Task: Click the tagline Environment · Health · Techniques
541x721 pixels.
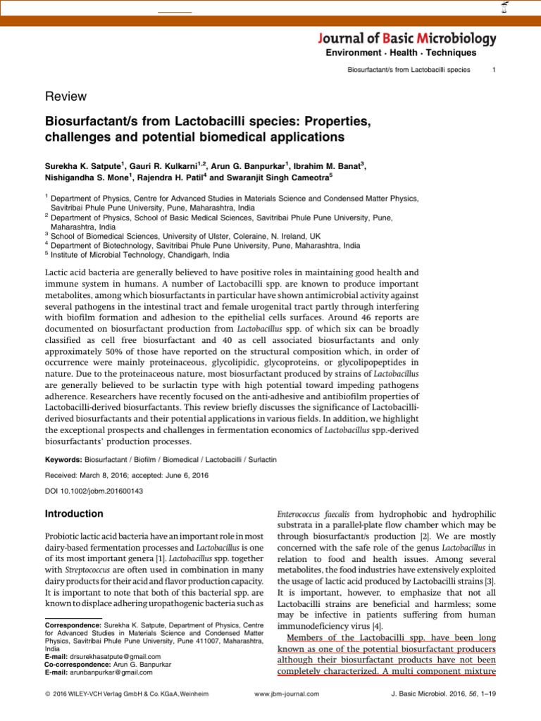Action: pos(400,53)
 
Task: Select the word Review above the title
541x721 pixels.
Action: pos(66,96)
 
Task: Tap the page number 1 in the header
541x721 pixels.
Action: pos(494,70)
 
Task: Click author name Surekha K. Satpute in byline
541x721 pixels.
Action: pos(84,166)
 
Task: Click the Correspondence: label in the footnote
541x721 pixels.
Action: pos(73,625)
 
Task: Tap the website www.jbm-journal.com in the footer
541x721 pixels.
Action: pos(286,694)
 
